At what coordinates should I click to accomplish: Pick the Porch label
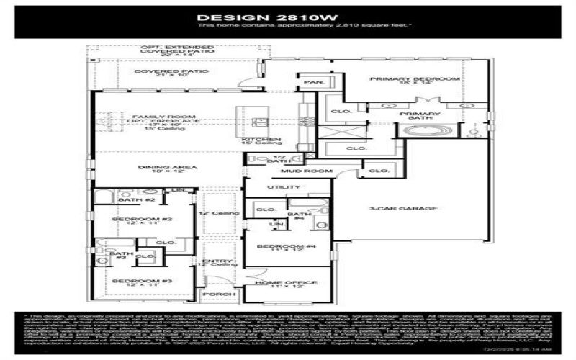(217, 294)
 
